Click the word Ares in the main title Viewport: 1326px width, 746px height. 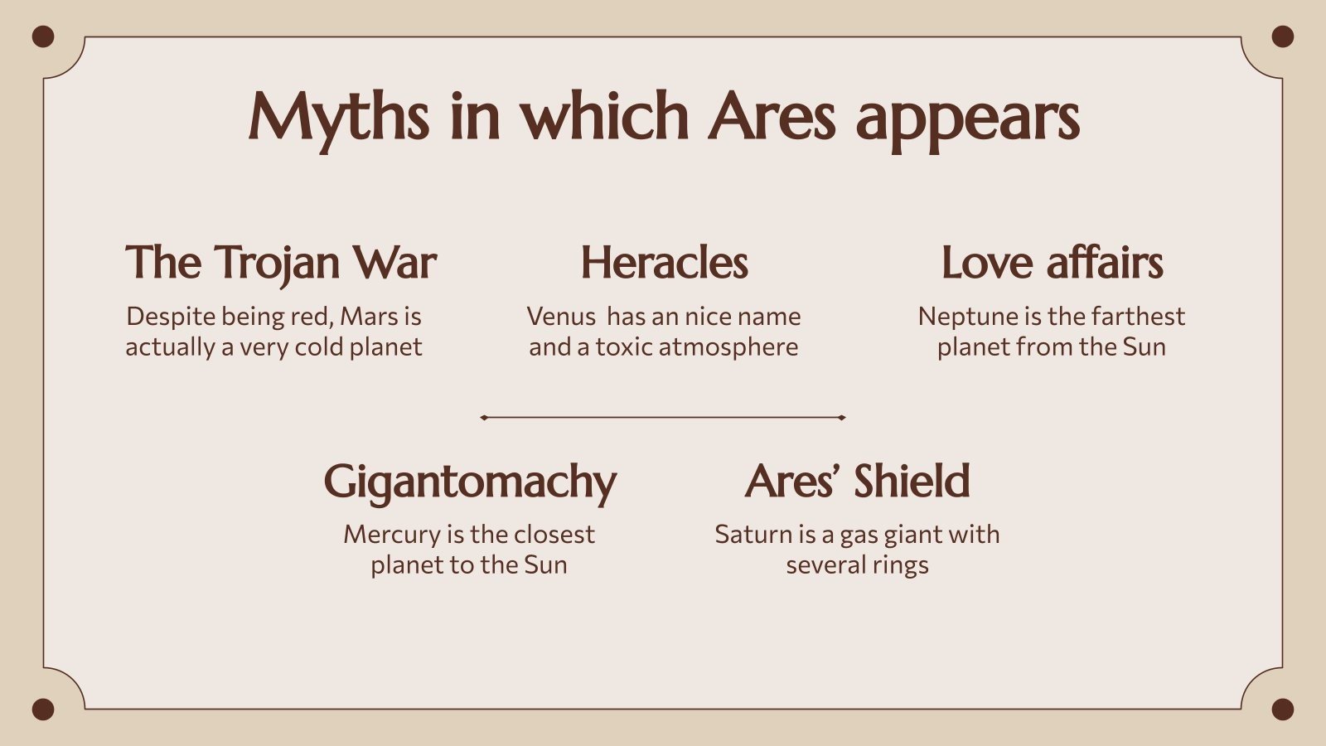click(772, 116)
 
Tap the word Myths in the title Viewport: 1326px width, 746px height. click(338, 116)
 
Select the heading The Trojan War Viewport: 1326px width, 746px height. click(281, 263)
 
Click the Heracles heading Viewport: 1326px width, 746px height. click(664, 263)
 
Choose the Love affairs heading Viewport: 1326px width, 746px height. click(1052, 263)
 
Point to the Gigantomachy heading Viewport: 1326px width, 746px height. click(470, 482)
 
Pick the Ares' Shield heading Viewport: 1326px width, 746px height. click(857, 481)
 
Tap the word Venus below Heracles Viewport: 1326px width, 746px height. click(561, 317)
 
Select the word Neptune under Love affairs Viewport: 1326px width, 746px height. click(959, 317)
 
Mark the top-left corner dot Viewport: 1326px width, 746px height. click(43, 36)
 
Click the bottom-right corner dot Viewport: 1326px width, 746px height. click(1282, 710)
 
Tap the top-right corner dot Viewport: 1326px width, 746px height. click(1282, 36)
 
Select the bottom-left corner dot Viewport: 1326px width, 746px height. click(43, 710)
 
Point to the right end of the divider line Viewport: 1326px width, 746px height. click(842, 418)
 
